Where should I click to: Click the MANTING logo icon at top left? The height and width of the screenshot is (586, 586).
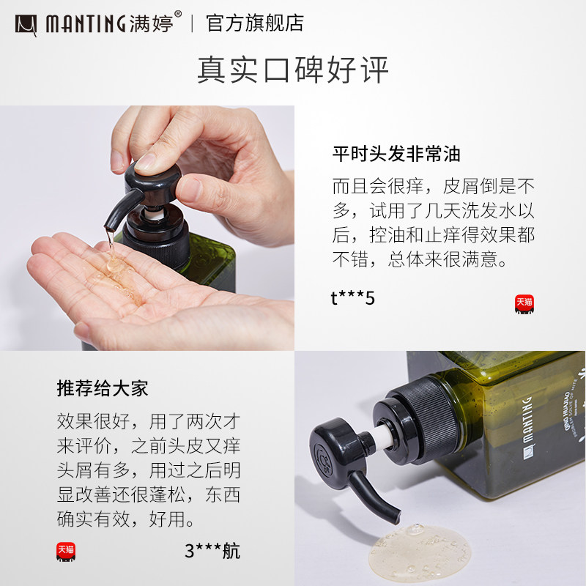pos(26,23)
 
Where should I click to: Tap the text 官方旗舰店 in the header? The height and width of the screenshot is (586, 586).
pos(254,23)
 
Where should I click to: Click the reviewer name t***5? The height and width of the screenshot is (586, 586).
pos(352,298)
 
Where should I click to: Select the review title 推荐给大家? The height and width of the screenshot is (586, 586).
pos(103,388)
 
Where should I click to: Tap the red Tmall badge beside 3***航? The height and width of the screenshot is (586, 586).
pos(66,552)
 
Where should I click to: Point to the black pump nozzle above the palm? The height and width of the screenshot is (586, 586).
pos(117,209)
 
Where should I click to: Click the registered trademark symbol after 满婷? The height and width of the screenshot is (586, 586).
pos(178,15)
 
